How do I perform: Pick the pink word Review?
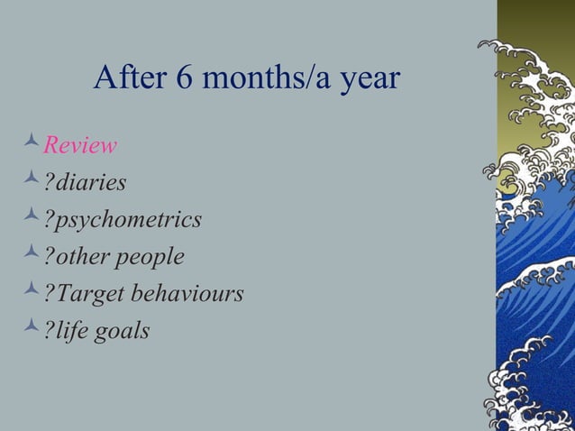[80, 145]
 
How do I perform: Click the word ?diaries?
[85, 182]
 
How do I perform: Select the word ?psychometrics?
[123, 221]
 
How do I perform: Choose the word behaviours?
[187, 294]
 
